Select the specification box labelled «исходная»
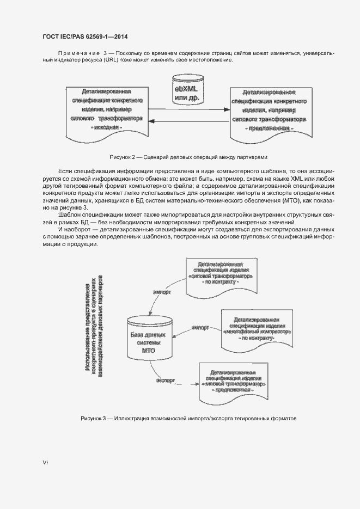pyautogui.click(x=106, y=109)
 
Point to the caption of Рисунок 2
pyautogui.click(x=188, y=157)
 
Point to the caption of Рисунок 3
pyautogui.click(x=188, y=418)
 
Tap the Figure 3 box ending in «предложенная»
pyautogui.click(x=233, y=384)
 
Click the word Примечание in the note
pyautogui.click(x=78, y=53)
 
